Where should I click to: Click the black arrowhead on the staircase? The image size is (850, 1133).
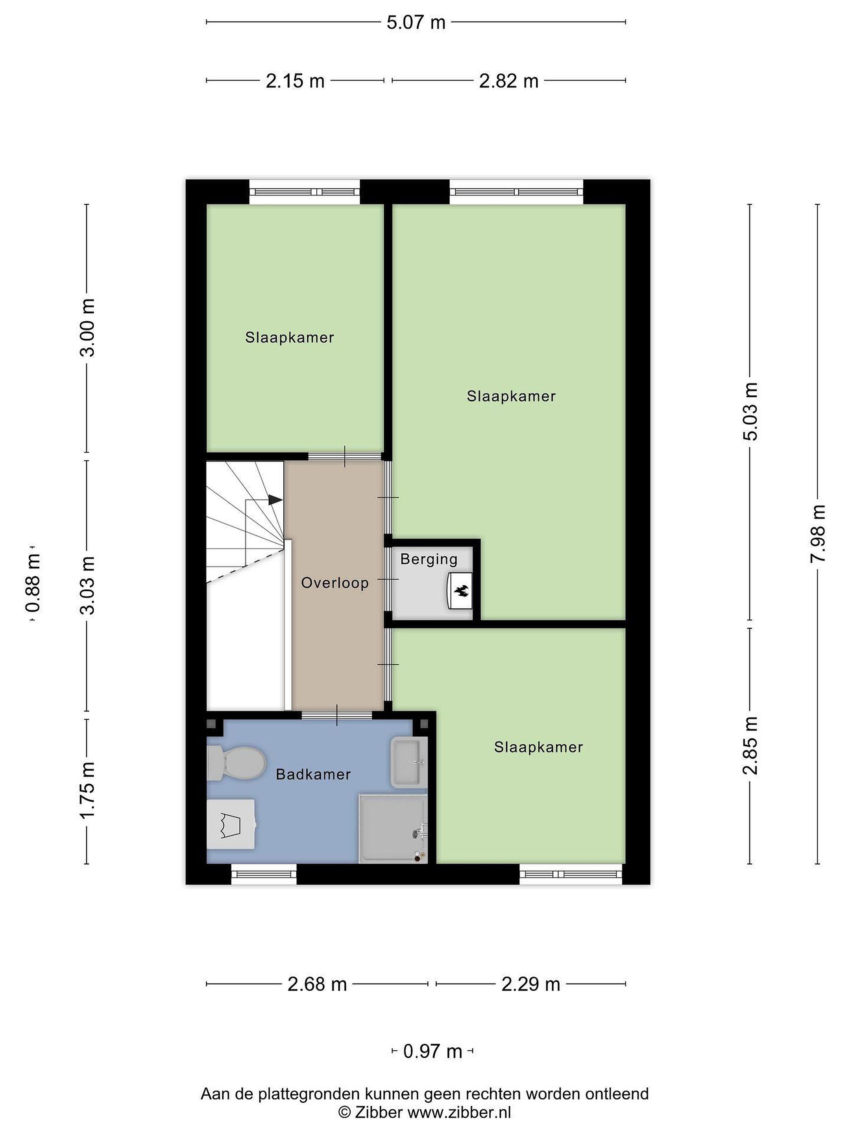pyautogui.click(x=275, y=499)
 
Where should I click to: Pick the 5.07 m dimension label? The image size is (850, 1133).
pyautogui.click(x=416, y=22)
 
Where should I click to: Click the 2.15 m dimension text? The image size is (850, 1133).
pyautogui.click(x=295, y=81)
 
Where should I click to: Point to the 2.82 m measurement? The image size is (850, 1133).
pyautogui.click(x=509, y=81)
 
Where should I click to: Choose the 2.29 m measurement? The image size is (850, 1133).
pyautogui.click(x=531, y=984)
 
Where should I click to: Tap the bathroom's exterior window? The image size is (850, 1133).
pyautogui.click(x=264, y=874)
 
